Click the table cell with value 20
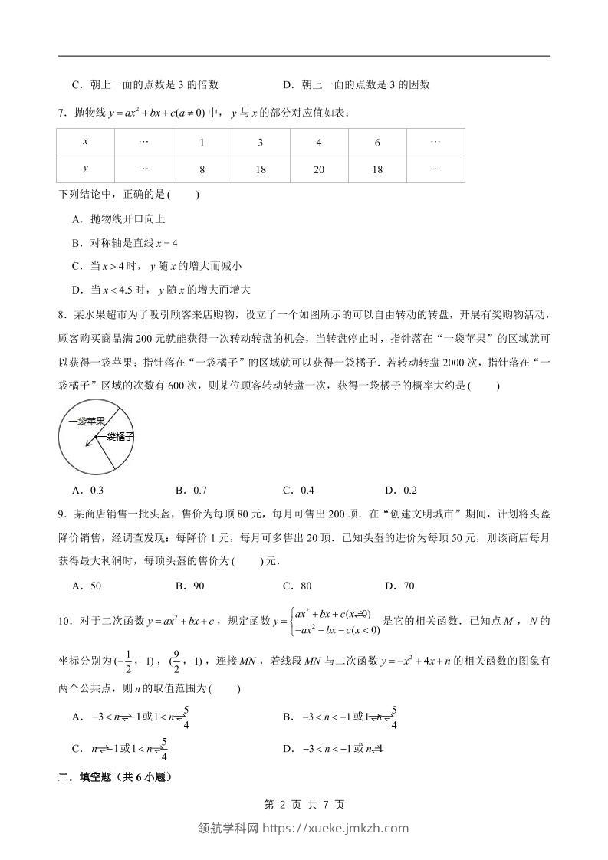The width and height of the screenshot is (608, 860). [x=319, y=169]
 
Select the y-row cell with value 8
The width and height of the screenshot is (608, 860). [x=202, y=169]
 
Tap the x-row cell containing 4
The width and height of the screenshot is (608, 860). [x=319, y=143]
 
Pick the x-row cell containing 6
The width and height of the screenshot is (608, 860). [x=377, y=143]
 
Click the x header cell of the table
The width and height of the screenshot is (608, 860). [x=85, y=143]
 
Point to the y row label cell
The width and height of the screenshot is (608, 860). [x=85, y=169]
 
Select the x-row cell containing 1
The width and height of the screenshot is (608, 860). [x=202, y=143]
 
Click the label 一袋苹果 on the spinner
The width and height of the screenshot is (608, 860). [x=86, y=421]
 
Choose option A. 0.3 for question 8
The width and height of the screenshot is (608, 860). [x=87, y=491]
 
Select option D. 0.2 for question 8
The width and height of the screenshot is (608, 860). [x=401, y=491]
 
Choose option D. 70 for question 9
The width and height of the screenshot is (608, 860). [x=399, y=586]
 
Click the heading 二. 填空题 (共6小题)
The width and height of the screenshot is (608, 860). [x=115, y=777]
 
